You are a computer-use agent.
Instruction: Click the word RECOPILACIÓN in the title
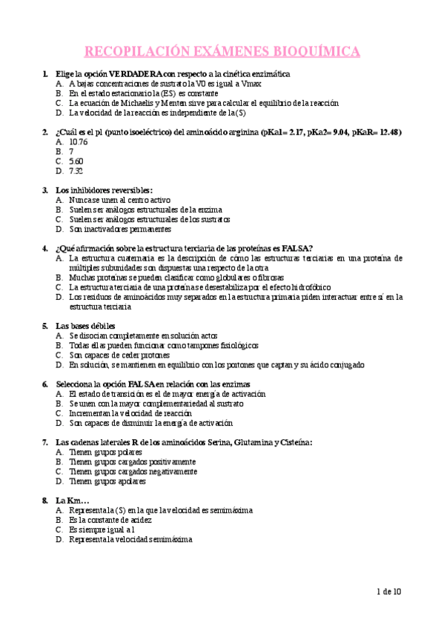[x=127, y=51]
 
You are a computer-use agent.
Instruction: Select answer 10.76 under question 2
[x=78, y=141]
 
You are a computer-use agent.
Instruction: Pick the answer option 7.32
[x=76, y=170]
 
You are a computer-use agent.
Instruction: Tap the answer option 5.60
[x=76, y=161]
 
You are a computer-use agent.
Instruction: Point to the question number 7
[x=46, y=442]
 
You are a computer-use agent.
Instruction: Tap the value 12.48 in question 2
[x=387, y=132]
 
